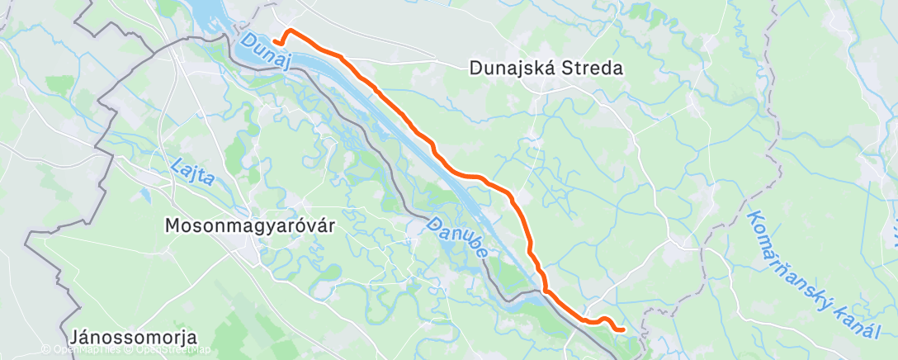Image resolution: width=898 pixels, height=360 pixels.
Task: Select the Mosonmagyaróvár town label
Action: tap(250, 225)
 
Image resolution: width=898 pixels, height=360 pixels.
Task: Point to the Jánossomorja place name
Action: tap(134, 338)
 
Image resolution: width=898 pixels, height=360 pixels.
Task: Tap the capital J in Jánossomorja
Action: tap(75, 338)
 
